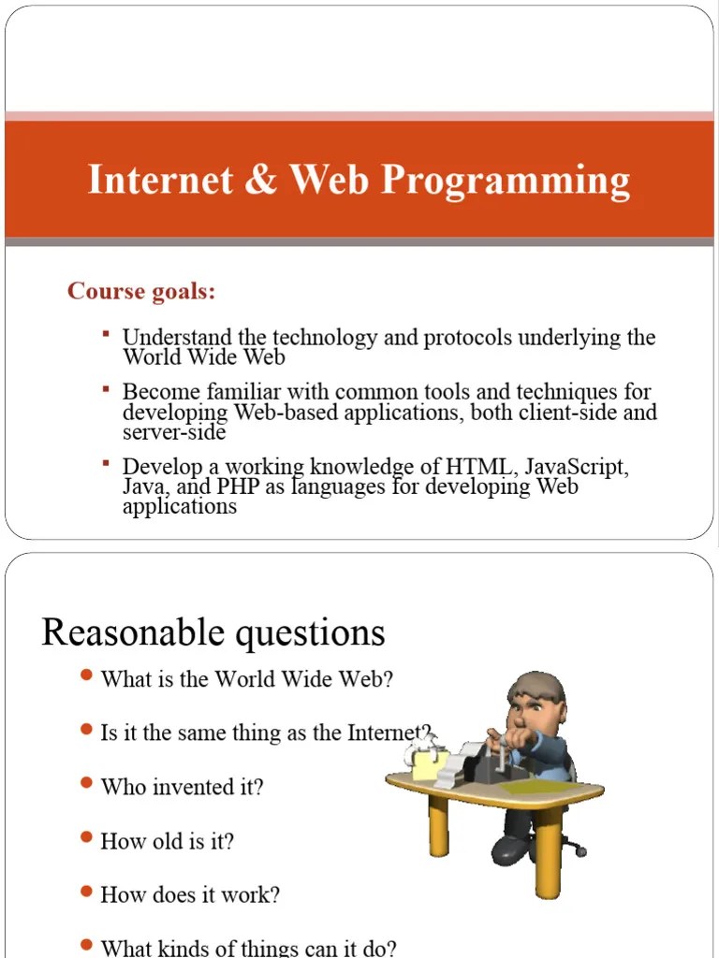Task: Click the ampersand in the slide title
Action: pos(263,180)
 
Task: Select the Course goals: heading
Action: pos(141,292)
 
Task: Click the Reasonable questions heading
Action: pos(213,632)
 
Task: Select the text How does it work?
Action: pos(190,894)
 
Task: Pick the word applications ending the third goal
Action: pos(180,507)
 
